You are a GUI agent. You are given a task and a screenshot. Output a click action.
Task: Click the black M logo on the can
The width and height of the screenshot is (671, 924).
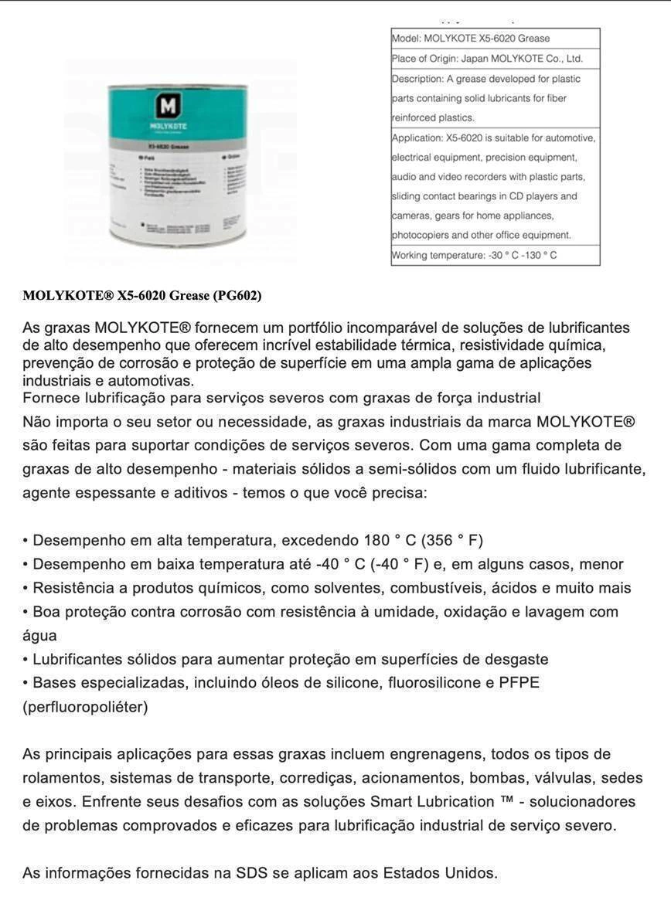pyautogui.click(x=167, y=106)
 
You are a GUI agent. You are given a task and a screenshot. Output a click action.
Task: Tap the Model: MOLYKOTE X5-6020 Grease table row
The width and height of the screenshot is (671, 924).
pyautogui.click(x=495, y=38)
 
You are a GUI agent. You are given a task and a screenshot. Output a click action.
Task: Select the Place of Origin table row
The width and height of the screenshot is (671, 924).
pyautogui.click(x=495, y=58)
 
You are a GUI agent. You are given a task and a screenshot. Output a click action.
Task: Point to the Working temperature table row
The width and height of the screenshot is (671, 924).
pyautogui.click(x=495, y=255)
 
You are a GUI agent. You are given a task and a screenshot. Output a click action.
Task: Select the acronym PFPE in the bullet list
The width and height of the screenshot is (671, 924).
pyautogui.click(x=519, y=683)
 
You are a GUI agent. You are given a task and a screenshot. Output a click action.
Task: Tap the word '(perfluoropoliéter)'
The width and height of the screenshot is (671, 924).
pyautogui.click(x=85, y=707)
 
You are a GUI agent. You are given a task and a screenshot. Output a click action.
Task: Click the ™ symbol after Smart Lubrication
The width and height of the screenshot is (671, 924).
pyautogui.click(x=507, y=801)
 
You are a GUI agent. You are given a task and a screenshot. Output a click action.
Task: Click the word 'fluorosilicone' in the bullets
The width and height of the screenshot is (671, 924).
pyautogui.click(x=432, y=683)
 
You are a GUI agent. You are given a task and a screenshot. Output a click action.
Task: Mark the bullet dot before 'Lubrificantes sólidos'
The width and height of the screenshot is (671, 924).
pyautogui.click(x=26, y=660)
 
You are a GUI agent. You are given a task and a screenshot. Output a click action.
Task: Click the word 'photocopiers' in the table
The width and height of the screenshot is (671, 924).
pyautogui.click(x=420, y=235)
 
